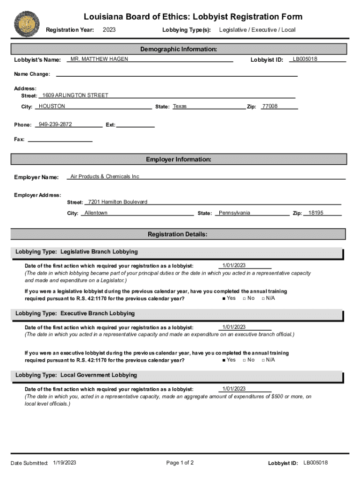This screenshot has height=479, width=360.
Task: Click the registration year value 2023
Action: tap(109, 30)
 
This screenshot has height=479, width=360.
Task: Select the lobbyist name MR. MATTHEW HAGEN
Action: tap(99, 59)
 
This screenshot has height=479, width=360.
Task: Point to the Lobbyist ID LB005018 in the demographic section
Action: tap(305, 59)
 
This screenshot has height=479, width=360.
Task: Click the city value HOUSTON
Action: tap(52, 107)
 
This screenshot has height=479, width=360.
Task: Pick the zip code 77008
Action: tap(270, 107)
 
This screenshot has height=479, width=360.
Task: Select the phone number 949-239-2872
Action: tap(55, 125)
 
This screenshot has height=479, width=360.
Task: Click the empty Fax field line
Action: tap(60, 139)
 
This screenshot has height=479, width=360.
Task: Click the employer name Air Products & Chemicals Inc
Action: tap(105, 177)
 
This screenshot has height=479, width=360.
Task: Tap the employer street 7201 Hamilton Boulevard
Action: tap(118, 202)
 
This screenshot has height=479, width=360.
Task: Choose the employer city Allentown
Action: tap(96, 213)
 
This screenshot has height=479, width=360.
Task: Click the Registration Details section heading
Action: tap(178, 234)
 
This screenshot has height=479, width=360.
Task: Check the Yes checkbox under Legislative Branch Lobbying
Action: tap(224, 298)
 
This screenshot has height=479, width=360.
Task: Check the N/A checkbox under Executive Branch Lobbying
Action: tap(263, 360)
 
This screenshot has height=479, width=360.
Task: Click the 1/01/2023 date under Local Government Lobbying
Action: tap(234, 389)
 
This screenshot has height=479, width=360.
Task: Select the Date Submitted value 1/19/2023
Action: tap(65, 463)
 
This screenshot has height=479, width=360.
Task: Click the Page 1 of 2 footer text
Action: tap(180, 463)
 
